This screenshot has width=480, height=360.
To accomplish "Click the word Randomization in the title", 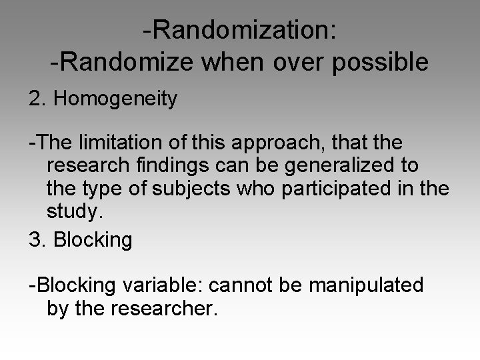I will click(245, 29).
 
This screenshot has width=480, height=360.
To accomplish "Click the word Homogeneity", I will click(115, 99).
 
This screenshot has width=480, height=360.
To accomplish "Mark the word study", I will click(73, 212).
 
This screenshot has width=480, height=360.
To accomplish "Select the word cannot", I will click(238, 285).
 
